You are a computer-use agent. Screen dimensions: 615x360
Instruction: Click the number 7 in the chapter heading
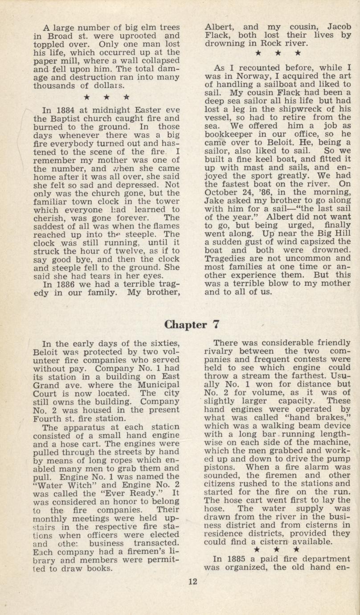215,324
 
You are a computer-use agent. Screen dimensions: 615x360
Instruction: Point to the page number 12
192,581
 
